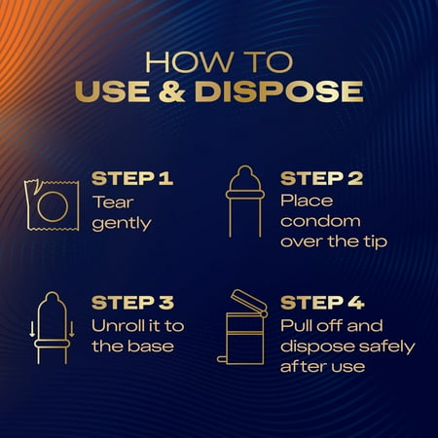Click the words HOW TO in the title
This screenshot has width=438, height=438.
219,61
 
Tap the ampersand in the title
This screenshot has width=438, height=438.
172,91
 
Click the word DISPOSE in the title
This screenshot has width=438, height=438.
278,91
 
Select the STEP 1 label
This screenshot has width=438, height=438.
132,178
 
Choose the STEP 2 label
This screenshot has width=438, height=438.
321,178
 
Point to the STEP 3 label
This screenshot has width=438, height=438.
132,303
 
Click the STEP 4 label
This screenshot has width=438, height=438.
322,303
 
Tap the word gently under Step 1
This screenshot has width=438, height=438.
122,224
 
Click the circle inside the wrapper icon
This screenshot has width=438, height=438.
53,206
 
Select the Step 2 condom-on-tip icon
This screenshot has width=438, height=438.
245,201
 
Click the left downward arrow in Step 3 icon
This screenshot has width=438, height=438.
32,329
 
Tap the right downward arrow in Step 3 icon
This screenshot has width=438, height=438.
72,329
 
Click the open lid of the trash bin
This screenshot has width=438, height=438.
249,301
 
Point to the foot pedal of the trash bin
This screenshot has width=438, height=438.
223,359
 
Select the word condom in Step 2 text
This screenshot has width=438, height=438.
320,221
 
